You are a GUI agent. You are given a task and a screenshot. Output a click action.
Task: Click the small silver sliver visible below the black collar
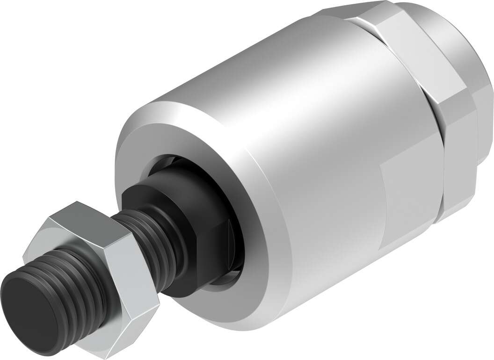225,281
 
